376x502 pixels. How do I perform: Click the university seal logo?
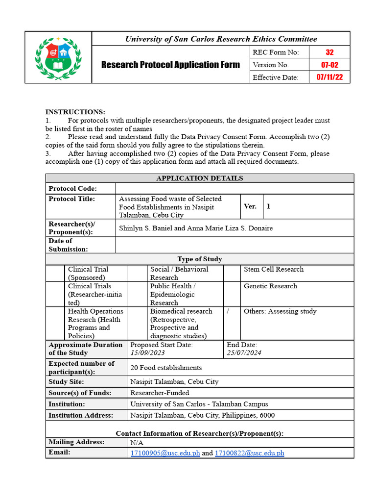(x=58, y=57)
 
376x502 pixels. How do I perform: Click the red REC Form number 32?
(x=329, y=52)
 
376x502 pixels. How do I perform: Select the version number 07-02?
(x=329, y=65)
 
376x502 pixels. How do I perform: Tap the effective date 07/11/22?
(x=329, y=77)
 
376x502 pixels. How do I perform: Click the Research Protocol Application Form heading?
(x=170, y=65)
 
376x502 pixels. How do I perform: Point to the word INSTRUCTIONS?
(x=75, y=112)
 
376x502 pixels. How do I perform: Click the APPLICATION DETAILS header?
(x=199, y=178)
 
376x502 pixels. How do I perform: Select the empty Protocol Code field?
(x=235, y=189)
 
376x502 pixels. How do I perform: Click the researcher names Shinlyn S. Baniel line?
(x=196, y=228)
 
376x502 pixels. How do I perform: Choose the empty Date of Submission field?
(x=235, y=245)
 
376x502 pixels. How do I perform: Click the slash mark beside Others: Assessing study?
(x=229, y=311)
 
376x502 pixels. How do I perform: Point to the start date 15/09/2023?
(x=148, y=353)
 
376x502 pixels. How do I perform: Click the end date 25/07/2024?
(x=244, y=353)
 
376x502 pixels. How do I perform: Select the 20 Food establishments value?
(x=166, y=368)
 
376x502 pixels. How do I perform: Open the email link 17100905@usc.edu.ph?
(x=165, y=453)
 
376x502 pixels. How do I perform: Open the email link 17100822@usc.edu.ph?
(x=250, y=453)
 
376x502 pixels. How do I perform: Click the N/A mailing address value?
(x=137, y=443)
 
